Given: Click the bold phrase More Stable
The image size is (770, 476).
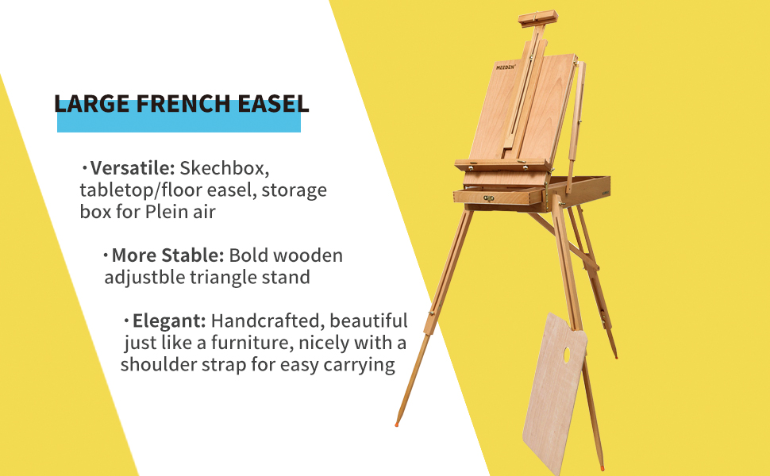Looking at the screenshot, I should point(168,255).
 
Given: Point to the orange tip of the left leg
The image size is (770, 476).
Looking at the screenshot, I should point(397,424).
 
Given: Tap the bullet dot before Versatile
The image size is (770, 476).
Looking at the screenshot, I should point(85,168).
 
